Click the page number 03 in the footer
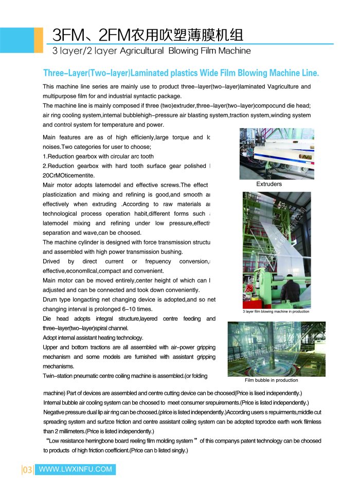[27, 469]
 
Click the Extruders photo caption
[269, 184]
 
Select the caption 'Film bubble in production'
[271, 380]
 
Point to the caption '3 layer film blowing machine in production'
[276, 311]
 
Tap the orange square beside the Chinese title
[39, 40]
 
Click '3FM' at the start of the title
[66, 34]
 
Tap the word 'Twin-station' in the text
[60, 376]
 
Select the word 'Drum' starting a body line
[50, 300]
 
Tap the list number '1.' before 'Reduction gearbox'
[45, 156]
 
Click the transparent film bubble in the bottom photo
[267, 355]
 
